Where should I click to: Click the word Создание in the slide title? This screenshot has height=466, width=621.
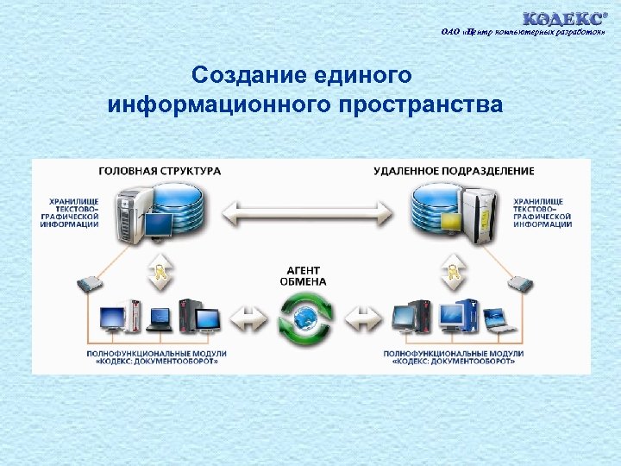coord(241,75)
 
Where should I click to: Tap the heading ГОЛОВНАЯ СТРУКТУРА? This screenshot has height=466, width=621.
coord(160,171)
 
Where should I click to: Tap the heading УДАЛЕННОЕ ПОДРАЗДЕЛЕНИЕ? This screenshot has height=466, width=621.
coord(454,171)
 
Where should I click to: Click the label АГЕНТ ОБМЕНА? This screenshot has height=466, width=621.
coord(304,275)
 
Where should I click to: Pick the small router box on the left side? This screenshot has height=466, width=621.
coord(91,282)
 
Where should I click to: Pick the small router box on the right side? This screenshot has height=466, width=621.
coord(520,282)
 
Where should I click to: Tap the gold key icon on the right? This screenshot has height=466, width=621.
coord(452,274)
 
